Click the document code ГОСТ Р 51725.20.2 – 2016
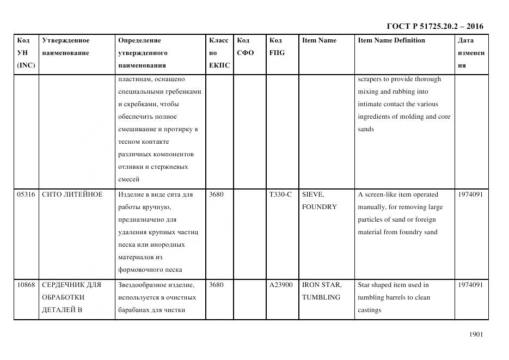(x=434, y=26)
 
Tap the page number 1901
(x=476, y=334)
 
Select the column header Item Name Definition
(x=391, y=40)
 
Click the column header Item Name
(x=319, y=40)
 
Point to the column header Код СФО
(x=245, y=47)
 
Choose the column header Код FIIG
(x=277, y=47)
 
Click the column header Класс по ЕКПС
(x=219, y=53)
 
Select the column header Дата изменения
(x=470, y=53)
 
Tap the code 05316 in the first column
(x=26, y=194)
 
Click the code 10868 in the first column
(x=26, y=285)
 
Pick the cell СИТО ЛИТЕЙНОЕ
(x=72, y=194)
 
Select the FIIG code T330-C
(x=280, y=194)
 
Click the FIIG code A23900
(x=281, y=285)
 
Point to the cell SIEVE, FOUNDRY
(x=320, y=200)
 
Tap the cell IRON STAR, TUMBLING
(x=321, y=291)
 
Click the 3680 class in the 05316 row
(x=216, y=194)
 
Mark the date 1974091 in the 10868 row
(x=470, y=285)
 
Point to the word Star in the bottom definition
(x=364, y=285)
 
